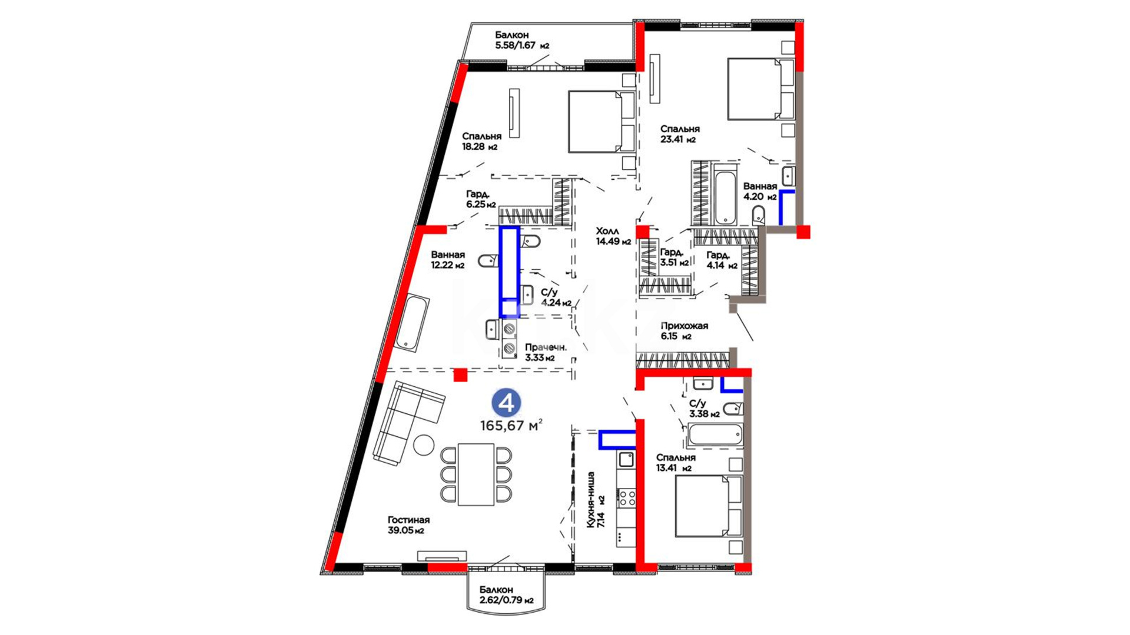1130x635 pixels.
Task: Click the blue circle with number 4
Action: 506,403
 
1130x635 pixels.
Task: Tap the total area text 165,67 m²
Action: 511,425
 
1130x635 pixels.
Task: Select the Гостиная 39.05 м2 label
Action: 408,525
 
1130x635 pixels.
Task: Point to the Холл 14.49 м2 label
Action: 613,236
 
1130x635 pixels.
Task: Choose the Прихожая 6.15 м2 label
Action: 684,331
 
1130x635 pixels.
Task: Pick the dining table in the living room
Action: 476,474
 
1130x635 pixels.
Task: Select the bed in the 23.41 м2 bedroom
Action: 760,89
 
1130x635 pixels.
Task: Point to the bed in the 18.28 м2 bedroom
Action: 601,121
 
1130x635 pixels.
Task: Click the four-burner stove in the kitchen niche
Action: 626,499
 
